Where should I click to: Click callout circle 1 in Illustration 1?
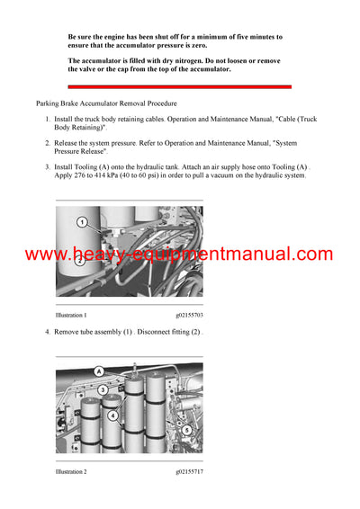(81, 220)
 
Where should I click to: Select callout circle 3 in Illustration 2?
(103, 390)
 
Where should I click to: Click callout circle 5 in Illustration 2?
(185, 429)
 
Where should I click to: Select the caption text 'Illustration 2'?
(71, 471)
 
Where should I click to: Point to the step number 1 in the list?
(48, 119)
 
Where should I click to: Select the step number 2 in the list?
(48, 142)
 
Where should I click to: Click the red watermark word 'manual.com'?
(283, 254)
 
